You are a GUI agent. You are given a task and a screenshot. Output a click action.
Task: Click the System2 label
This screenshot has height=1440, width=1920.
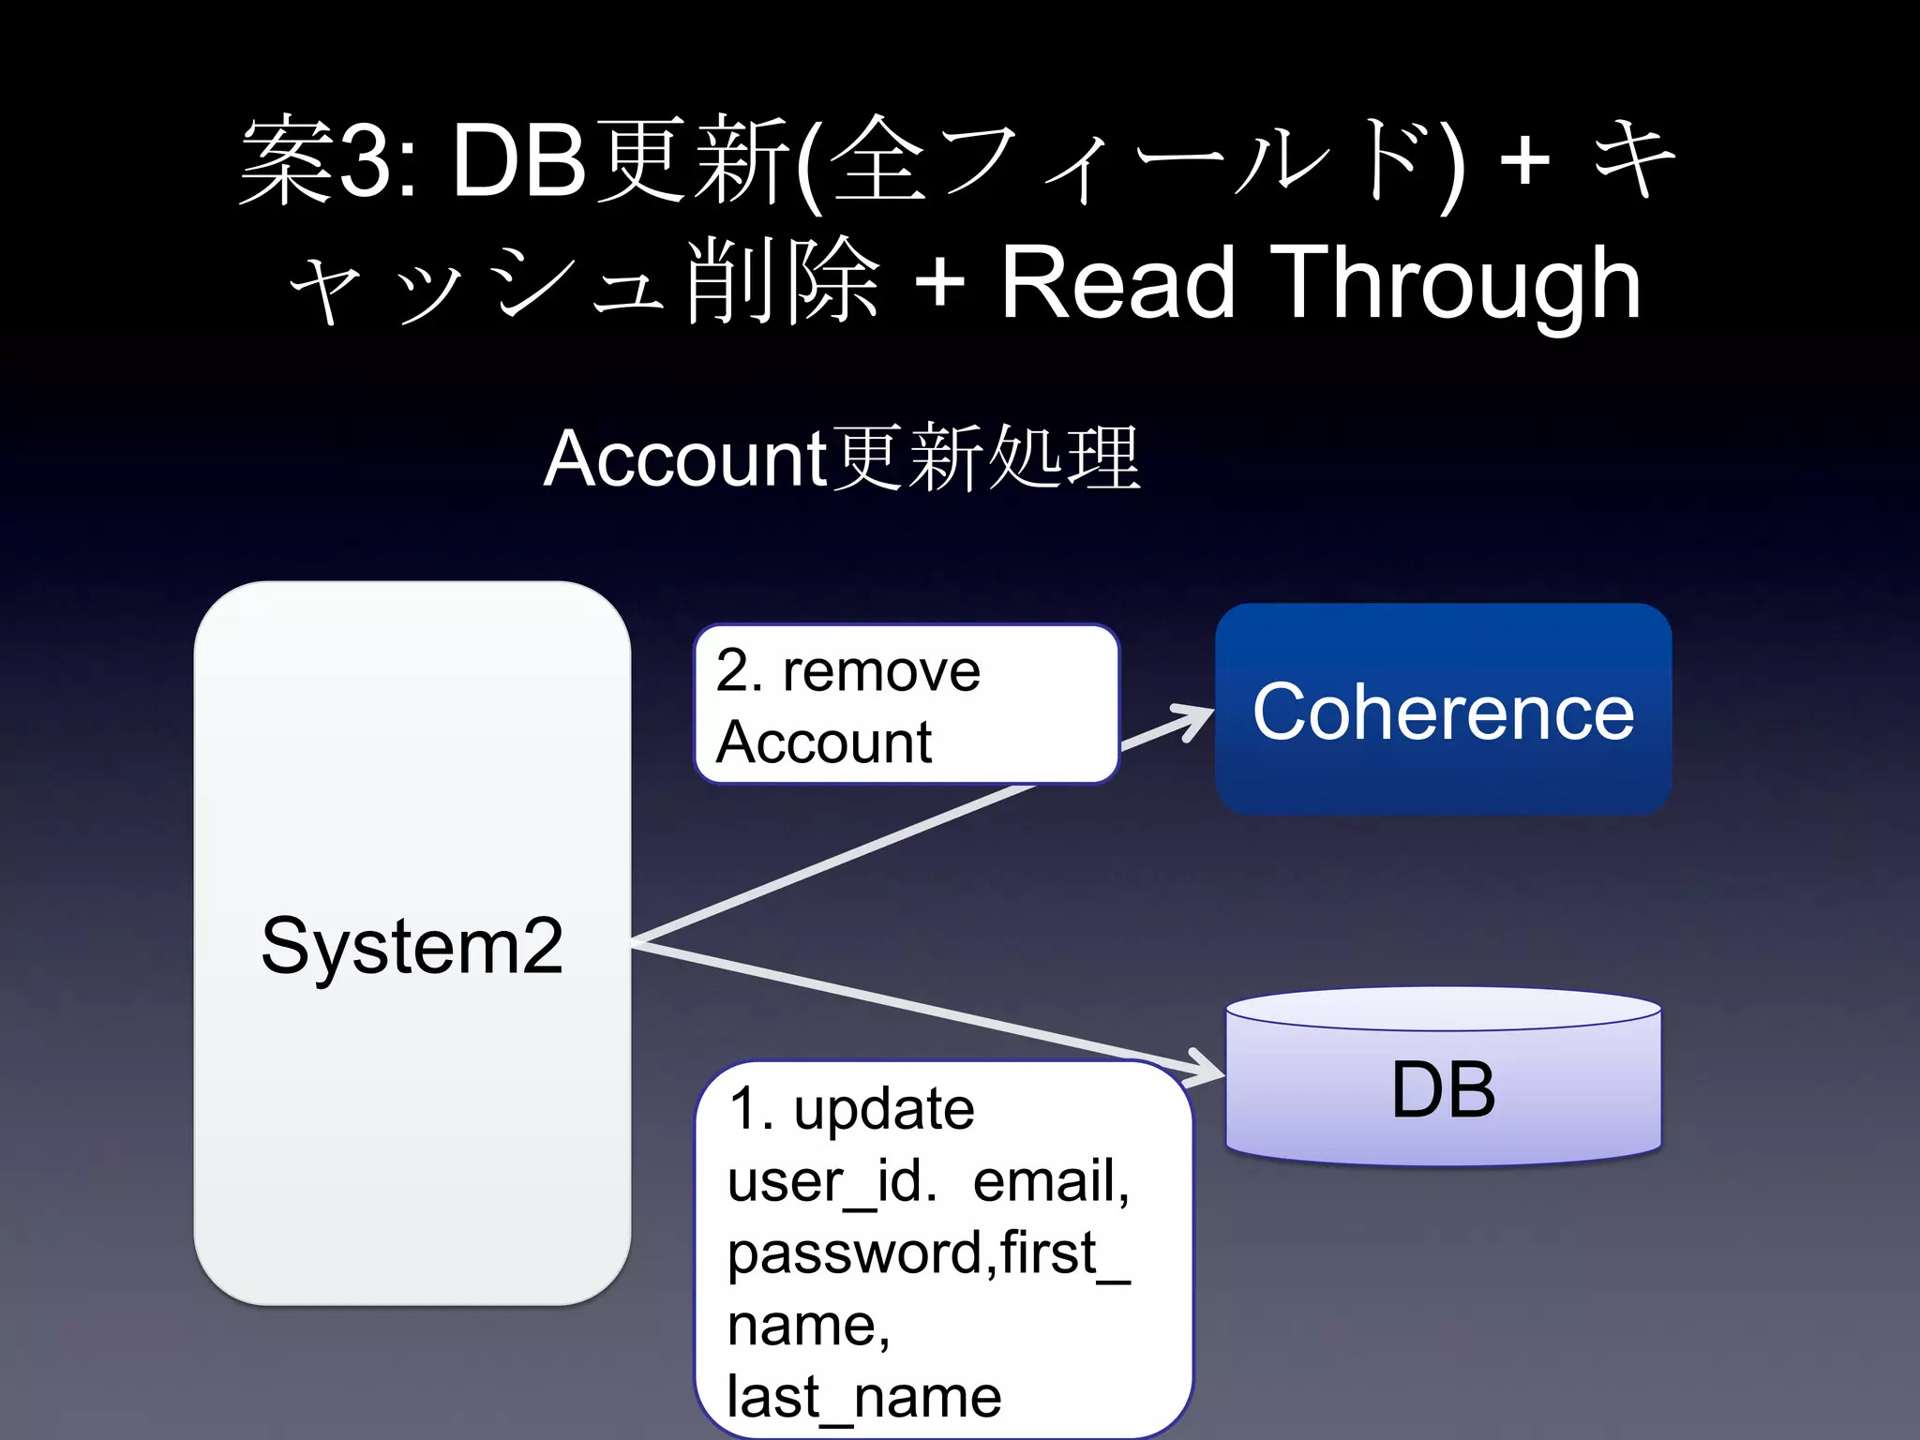(x=412, y=946)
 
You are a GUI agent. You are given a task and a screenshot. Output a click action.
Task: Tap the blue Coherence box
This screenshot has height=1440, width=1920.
(x=1443, y=710)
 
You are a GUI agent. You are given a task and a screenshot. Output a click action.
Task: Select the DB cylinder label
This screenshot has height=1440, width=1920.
(x=1443, y=1089)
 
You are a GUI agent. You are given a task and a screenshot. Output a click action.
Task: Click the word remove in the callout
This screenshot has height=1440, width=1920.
(x=881, y=671)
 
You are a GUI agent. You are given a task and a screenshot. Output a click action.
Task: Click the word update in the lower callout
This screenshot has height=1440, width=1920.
(x=883, y=1109)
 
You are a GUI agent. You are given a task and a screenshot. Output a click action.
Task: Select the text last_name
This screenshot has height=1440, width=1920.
(x=863, y=1397)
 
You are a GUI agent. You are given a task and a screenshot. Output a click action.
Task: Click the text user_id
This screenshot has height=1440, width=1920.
(x=831, y=1180)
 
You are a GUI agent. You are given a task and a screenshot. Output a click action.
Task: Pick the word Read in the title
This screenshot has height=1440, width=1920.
(x=1117, y=282)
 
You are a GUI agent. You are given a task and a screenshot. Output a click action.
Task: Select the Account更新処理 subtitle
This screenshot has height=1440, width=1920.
(x=841, y=458)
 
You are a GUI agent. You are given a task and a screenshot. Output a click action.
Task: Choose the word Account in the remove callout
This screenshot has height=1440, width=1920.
(x=823, y=742)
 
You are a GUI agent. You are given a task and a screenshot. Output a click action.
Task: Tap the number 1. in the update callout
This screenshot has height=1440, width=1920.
(x=751, y=1109)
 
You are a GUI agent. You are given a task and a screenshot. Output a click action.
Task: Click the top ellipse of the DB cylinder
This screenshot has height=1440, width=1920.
(x=1443, y=1009)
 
